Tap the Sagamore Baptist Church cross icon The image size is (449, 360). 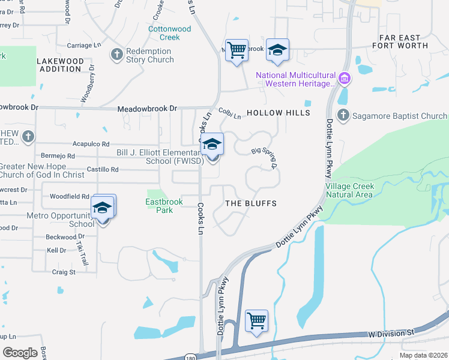tap(343, 115)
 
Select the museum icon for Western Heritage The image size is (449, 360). tap(344, 78)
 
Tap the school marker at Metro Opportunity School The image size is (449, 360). tap(103, 208)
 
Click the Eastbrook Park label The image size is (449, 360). tap(164, 206)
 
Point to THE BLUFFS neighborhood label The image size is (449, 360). tap(251, 203)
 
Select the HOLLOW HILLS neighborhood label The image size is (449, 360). tap(279, 113)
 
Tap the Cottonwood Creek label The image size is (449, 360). tap(169, 33)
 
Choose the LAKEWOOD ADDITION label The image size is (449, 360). tap(59, 65)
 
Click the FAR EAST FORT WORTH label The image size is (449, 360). tap(400, 41)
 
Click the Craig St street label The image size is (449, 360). tap(64, 272)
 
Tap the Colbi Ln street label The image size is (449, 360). tap(229, 112)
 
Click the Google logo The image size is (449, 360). tap(20, 352)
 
